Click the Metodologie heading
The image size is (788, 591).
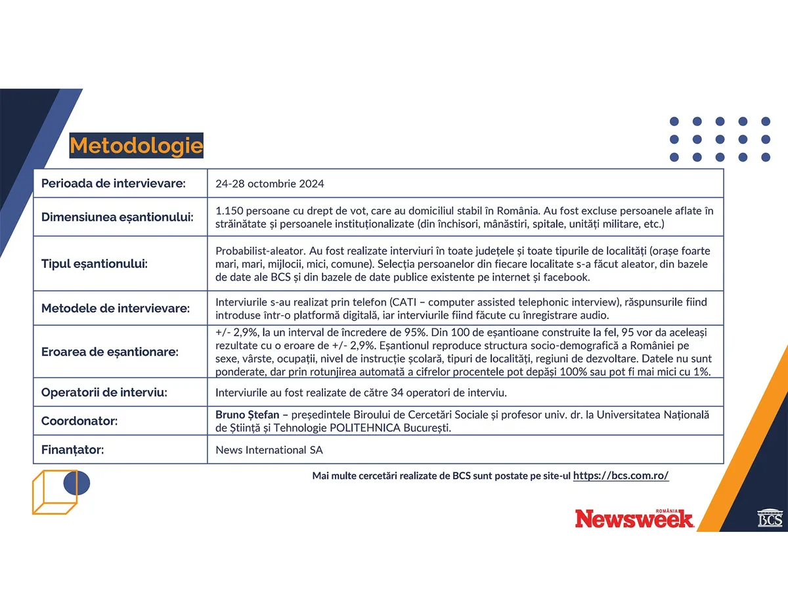coord(136,146)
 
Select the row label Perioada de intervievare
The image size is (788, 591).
coord(114,183)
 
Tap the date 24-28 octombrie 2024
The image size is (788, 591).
coord(269,184)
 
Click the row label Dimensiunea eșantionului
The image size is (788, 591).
coord(118,217)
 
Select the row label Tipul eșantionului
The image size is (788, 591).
coord(95,264)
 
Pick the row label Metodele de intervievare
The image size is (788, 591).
coord(116,308)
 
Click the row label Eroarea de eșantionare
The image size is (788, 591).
coord(110,352)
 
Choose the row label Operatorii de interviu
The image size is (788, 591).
coord(104,393)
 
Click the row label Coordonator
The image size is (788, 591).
coord(79,421)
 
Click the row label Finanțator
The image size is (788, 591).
coord(73,450)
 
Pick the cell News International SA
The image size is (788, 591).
coord(269,451)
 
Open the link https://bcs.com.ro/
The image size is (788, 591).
coord(621,476)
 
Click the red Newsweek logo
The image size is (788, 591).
coord(634,519)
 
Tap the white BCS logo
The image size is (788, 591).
coord(770,517)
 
